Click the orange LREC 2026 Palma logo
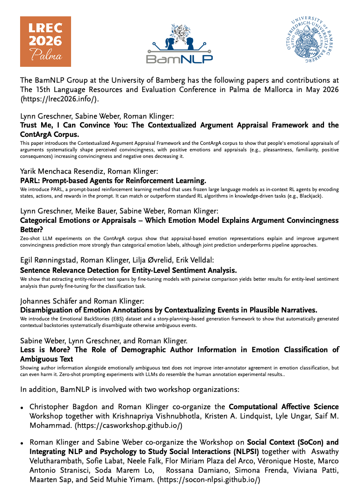coord(45,41)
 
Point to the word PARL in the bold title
coord(30,180)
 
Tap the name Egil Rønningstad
coord(49,260)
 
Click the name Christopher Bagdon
coord(65,407)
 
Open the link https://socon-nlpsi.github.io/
coord(209,479)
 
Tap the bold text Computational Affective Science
coord(283,407)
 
